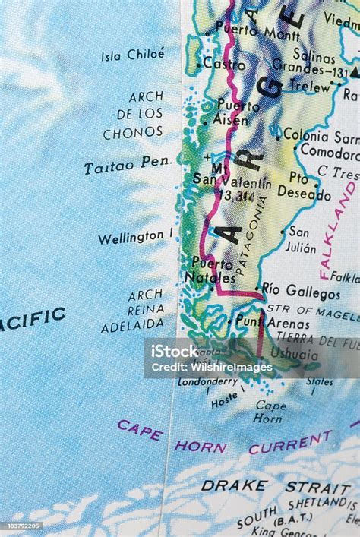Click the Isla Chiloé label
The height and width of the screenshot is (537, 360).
pos(132,55)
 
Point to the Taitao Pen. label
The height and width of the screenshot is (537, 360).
pos(128,166)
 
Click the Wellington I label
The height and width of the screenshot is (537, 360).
pos(135,238)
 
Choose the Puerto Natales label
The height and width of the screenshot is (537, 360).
pos(211,270)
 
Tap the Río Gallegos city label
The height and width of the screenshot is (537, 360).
pos(301,291)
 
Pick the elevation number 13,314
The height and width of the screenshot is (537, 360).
pos(236,196)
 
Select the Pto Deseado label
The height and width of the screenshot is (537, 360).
pos(303,186)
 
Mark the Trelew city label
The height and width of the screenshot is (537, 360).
pos(311,87)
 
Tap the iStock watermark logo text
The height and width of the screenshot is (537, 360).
pos(174,352)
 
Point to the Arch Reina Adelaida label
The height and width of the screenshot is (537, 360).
pos(134,310)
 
